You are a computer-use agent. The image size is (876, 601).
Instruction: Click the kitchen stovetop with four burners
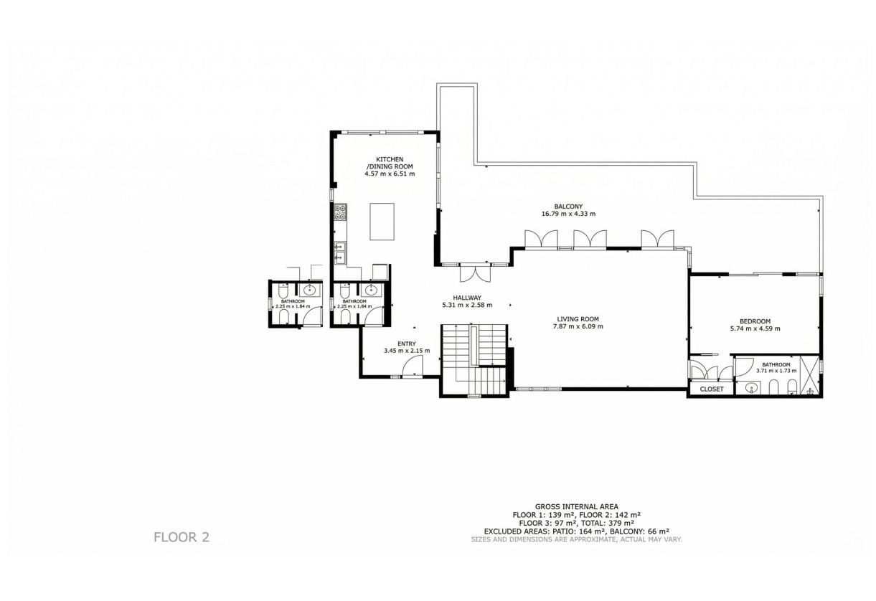[x=340, y=212]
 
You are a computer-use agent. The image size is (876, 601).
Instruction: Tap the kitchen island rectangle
[x=382, y=221]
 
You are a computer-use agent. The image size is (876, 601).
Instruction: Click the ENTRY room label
[x=406, y=344]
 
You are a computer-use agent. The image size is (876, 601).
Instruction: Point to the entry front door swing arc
[x=413, y=366]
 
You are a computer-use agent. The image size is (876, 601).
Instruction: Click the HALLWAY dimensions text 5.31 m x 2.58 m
[x=466, y=306]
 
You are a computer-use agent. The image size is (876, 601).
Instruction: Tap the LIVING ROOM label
[x=578, y=319]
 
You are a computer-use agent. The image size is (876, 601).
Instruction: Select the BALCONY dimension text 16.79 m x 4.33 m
[x=568, y=214]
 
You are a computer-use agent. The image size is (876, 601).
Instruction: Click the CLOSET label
[x=712, y=389]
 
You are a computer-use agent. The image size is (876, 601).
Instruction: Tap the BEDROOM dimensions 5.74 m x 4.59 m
[x=755, y=328]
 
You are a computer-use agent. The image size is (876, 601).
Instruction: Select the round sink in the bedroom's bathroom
[x=752, y=388]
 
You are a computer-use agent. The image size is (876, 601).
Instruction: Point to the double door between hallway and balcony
[x=474, y=273]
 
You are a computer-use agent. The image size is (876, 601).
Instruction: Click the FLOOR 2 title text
[x=182, y=536]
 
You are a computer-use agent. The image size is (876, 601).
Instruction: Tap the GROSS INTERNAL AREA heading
[x=576, y=506]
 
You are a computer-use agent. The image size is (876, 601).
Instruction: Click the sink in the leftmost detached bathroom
[x=310, y=290]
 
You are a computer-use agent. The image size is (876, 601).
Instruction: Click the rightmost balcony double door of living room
[x=657, y=239]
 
